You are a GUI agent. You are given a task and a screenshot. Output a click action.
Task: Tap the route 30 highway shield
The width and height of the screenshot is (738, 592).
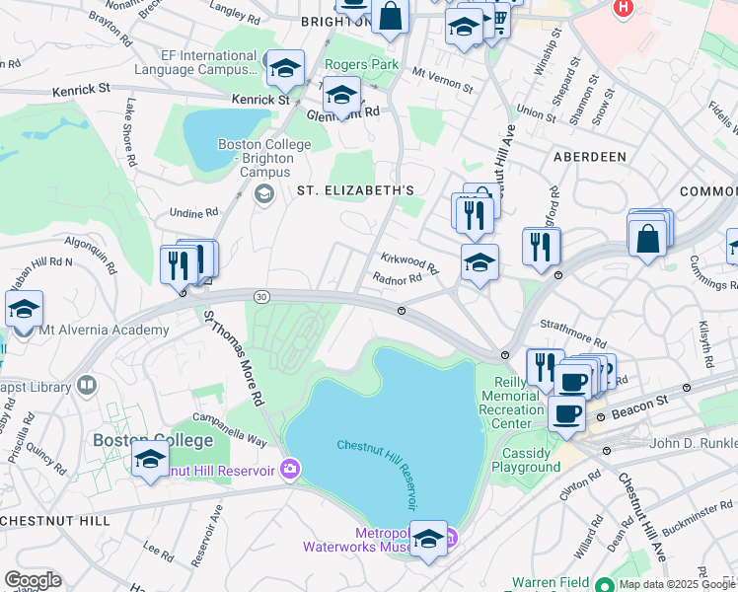tap(260, 296)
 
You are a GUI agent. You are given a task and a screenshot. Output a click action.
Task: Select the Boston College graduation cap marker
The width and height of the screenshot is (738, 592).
tap(150, 460)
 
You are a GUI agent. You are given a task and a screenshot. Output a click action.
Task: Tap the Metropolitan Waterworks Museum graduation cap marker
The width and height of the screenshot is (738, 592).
tap(428, 539)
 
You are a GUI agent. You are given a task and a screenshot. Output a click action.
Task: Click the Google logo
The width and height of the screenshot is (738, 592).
tap(33, 580)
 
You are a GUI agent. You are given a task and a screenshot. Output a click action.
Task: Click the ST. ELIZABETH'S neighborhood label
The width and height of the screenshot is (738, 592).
tap(349, 189)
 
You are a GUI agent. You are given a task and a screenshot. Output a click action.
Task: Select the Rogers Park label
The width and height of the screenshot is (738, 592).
tap(362, 65)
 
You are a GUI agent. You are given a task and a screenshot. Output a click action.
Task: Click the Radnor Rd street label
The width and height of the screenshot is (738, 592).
tap(398, 278)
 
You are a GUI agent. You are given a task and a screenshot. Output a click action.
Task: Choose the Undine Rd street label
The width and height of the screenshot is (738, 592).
tap(193, 212)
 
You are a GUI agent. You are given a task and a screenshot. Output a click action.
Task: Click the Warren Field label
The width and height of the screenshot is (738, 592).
tap(551, 582)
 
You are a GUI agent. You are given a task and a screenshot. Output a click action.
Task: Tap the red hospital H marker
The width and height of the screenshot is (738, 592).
tap(623, 8)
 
